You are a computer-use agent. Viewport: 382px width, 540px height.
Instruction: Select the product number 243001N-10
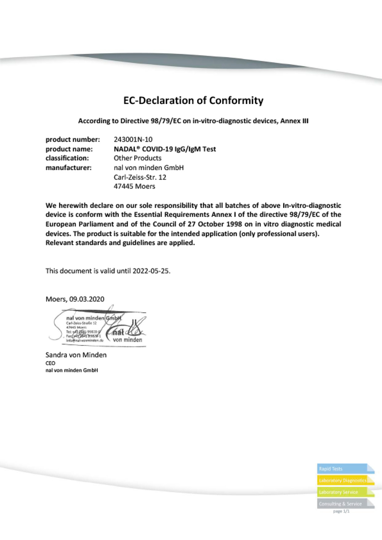[x=133, y=139]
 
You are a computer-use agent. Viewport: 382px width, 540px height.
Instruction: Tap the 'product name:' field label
[x=69, y=149]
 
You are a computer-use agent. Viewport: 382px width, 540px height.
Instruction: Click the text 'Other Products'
[x=137, y=158]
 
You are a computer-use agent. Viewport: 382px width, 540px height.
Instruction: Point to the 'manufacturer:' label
[x=68, y=167]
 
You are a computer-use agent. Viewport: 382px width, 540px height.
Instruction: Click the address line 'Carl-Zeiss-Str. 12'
[x=140, y=177]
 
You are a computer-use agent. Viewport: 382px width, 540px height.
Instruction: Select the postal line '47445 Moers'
[x=134, y=186]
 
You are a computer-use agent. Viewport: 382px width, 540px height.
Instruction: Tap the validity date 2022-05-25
[x=151, y=271]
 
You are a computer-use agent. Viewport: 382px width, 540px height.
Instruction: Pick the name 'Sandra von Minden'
[x=76, y=355]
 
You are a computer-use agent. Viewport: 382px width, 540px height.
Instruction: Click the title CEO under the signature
[x=50, y=363]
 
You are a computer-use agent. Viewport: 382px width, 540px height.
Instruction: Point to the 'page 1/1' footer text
[x=341, y=511]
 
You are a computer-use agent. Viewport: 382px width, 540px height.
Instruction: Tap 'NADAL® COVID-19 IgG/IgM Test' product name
[x=165, y=149]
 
